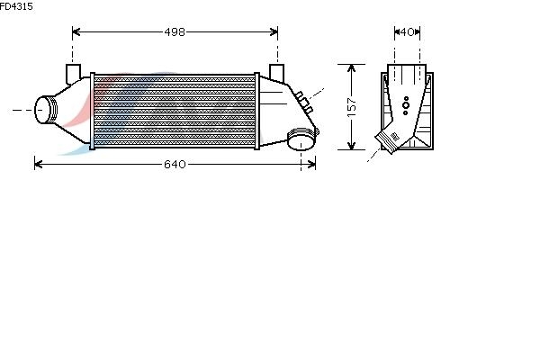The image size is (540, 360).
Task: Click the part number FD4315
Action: (x=16, y=6)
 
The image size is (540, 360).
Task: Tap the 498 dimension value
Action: (x=175, y=32)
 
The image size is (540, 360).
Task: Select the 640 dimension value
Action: (x=175, y=165)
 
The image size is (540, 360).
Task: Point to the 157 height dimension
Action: (x=352, y=107)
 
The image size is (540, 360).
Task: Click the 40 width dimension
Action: (x=408, y=32)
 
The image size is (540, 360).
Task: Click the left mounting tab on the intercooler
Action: (x=73, y=74)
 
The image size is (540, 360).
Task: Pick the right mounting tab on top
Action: (x=276, y=73)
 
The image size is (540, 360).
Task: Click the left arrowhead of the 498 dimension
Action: (x=76, y=32)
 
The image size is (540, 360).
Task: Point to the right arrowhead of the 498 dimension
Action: (x=274, y=32)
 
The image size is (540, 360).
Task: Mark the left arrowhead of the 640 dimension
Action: (x=38, y=165)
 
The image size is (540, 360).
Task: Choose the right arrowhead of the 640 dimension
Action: (x=311, y=165)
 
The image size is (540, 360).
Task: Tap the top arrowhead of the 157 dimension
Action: (x=351, y=68)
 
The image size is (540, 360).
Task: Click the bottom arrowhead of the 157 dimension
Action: (x=351, y=146)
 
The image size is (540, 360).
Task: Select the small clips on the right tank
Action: (x=304, y=103)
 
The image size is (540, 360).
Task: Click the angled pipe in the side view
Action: (x=388, y=141)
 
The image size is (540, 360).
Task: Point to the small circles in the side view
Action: (x=406, y=105)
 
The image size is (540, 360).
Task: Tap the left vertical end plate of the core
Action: (x=93, y=111)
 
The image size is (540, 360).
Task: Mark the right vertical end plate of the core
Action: (x=256, y=111)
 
